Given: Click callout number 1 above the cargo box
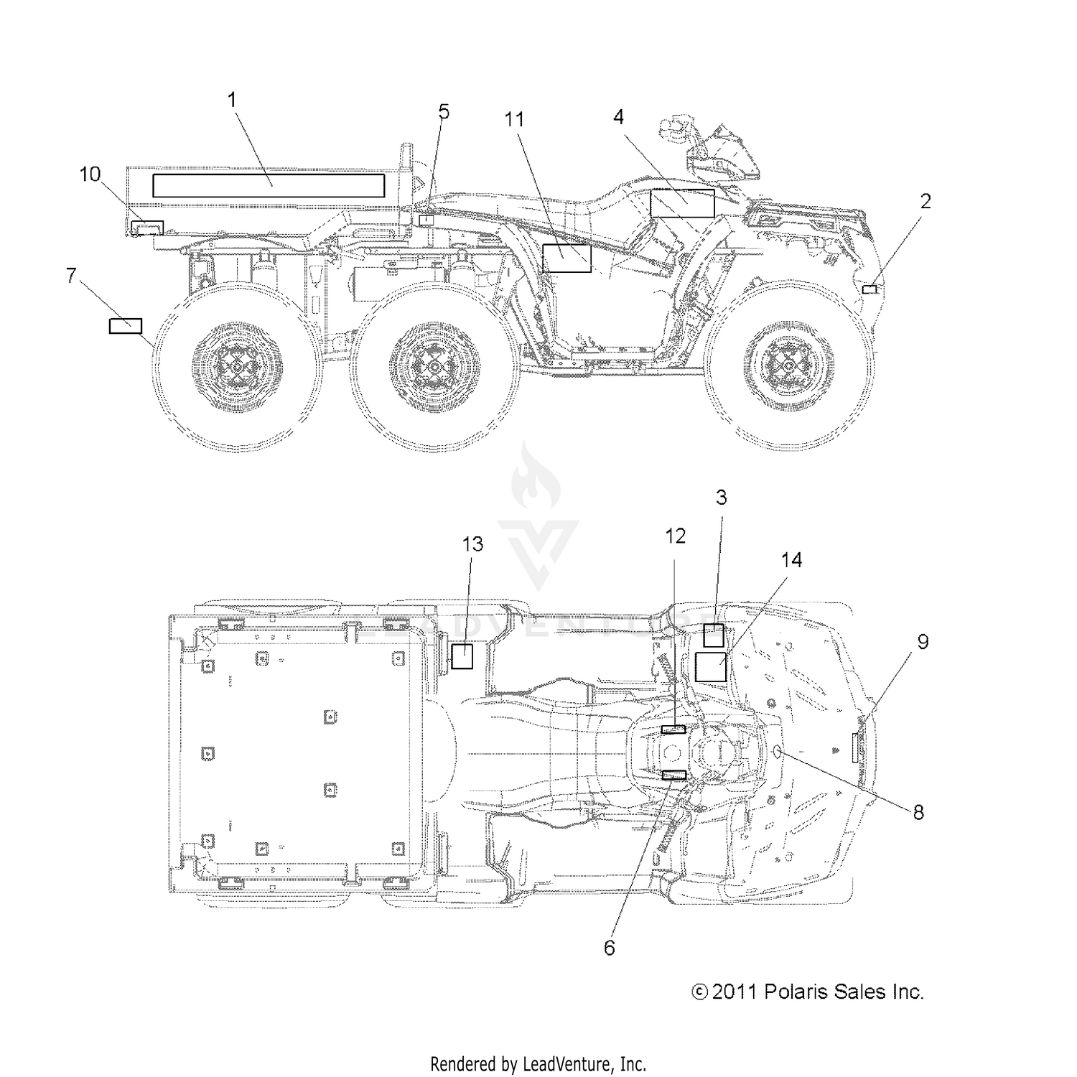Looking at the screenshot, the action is (x=232, y=101).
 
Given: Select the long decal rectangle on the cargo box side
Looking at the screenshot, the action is (x=269, y=185).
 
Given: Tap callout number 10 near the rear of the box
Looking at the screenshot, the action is (x=90, y=174).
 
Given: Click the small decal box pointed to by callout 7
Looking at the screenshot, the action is (x=125, y=326).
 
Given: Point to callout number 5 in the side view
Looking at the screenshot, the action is (x=444, y=112).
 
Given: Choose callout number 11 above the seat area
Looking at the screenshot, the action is (x=514, y=120).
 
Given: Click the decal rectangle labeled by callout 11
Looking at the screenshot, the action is (x=567, y=258).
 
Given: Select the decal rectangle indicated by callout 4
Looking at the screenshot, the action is (x=682, y=203).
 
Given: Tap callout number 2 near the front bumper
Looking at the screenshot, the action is (x=925, y=201).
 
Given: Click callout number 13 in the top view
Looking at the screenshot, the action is (x=472, y=544).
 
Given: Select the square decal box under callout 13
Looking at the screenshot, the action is (x=462, y=656).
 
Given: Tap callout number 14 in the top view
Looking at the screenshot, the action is (x=791, y=560).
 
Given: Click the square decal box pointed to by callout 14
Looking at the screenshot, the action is (x=711, y=667).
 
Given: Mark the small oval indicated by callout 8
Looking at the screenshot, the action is (x=778, y=752).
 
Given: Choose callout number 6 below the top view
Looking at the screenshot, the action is (x=609, y=948).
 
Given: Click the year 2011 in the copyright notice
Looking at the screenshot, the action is (x=735, y=992).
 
